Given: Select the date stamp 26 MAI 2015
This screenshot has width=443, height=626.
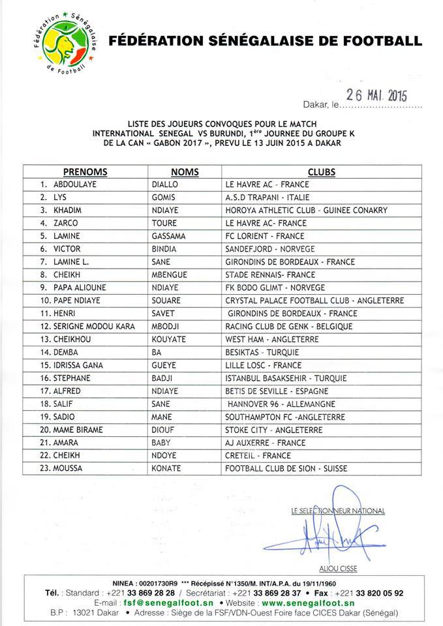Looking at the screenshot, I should pos(376,95).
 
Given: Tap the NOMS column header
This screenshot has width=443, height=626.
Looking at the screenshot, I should pos(185,172).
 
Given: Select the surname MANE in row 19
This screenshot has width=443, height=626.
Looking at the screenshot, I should pos(160,416).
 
